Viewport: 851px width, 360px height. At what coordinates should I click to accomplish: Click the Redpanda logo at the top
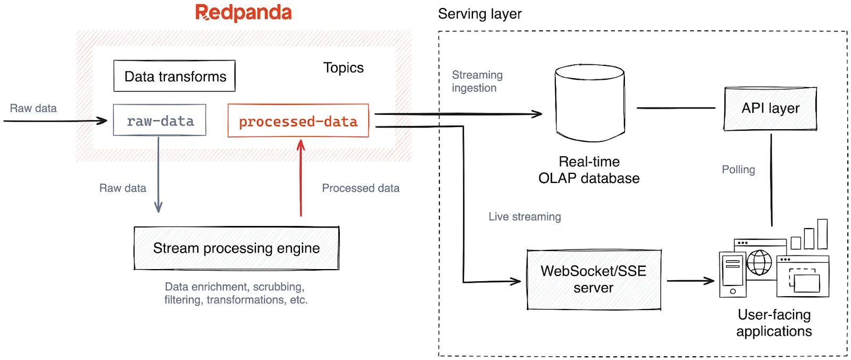point(244,13)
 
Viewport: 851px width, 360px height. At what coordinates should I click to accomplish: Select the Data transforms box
point(174,76)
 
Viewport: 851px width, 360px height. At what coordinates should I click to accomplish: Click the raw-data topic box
point(160,121)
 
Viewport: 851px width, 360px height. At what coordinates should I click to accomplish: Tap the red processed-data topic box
point(298,121)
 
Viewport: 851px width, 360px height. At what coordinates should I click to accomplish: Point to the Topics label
point(343,68)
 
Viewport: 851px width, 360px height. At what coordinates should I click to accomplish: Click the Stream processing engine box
point(236,248)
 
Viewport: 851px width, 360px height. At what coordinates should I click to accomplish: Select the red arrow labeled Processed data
point(301,178)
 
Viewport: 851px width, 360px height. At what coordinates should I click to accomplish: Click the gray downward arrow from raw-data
point(158,175)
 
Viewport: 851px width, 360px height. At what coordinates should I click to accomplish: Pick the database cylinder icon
point(589,103)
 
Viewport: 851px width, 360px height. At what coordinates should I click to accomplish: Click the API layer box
point(770,108)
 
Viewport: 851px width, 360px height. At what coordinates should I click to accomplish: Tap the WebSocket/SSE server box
point(593,279)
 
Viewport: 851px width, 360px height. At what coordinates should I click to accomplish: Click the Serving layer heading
point(479,14)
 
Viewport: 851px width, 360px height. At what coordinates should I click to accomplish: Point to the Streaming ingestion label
point(477,81)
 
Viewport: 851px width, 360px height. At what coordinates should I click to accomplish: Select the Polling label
point(738,170)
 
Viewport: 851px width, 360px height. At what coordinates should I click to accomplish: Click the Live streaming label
point(524,216)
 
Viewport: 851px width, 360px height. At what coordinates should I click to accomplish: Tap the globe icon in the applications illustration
point(759,263)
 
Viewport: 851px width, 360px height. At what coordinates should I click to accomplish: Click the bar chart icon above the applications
point(810,236)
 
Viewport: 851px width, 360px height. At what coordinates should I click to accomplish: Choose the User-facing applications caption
point(774,323)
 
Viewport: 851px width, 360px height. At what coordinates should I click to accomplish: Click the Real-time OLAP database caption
point(589,170)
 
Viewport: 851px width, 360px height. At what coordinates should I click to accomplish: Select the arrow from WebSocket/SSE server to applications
point(690,281)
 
